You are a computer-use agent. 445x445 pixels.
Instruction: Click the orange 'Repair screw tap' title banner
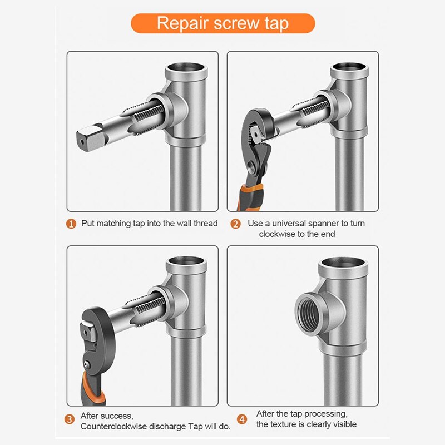(x=222, y=23)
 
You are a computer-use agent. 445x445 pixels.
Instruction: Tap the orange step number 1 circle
(x=71, y=224)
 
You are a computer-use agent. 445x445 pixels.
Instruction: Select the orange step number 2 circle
(x=236, y=224)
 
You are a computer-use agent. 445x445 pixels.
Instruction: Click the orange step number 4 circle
(x=241, y=419)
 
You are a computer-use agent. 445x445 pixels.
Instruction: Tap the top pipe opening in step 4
(x=347, y=264)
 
